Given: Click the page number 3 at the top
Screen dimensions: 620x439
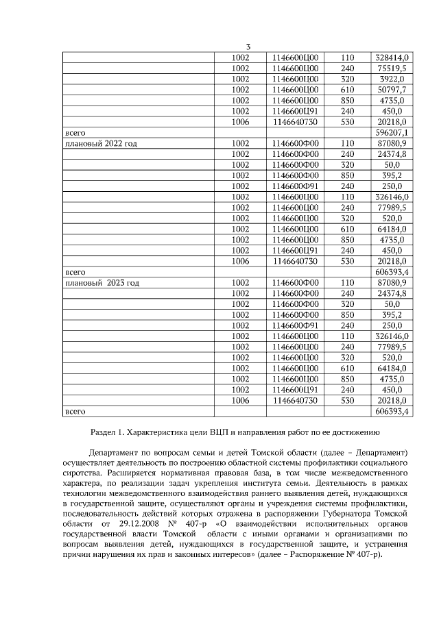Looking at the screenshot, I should pyautogui.click(x=248, y=46).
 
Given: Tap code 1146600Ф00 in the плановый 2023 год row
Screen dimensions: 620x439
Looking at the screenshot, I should pyautogui.click(x=295, y=282).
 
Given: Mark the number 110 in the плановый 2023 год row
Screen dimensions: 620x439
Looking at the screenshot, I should pyautogui.click(x=347, y=282).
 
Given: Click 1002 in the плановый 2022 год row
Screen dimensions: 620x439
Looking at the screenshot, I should pyautogui.click(x=240, y=143).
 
